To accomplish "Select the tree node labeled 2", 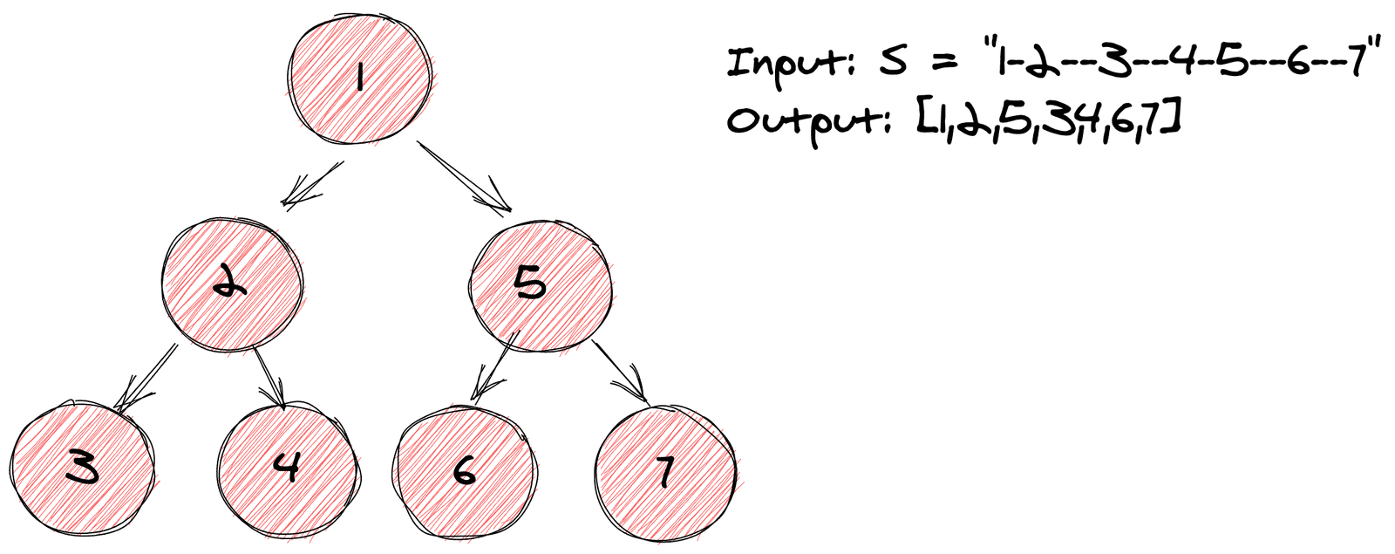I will (x=232, y=284).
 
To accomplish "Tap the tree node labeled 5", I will (x=540, y=284).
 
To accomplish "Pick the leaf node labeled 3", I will (x=82, y=470).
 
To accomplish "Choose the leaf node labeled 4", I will (x=288, y=469).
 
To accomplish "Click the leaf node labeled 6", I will (x=463, y=471).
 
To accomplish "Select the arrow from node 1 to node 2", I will (x=312, y=184).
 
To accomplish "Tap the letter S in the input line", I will (x=892, y=63).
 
